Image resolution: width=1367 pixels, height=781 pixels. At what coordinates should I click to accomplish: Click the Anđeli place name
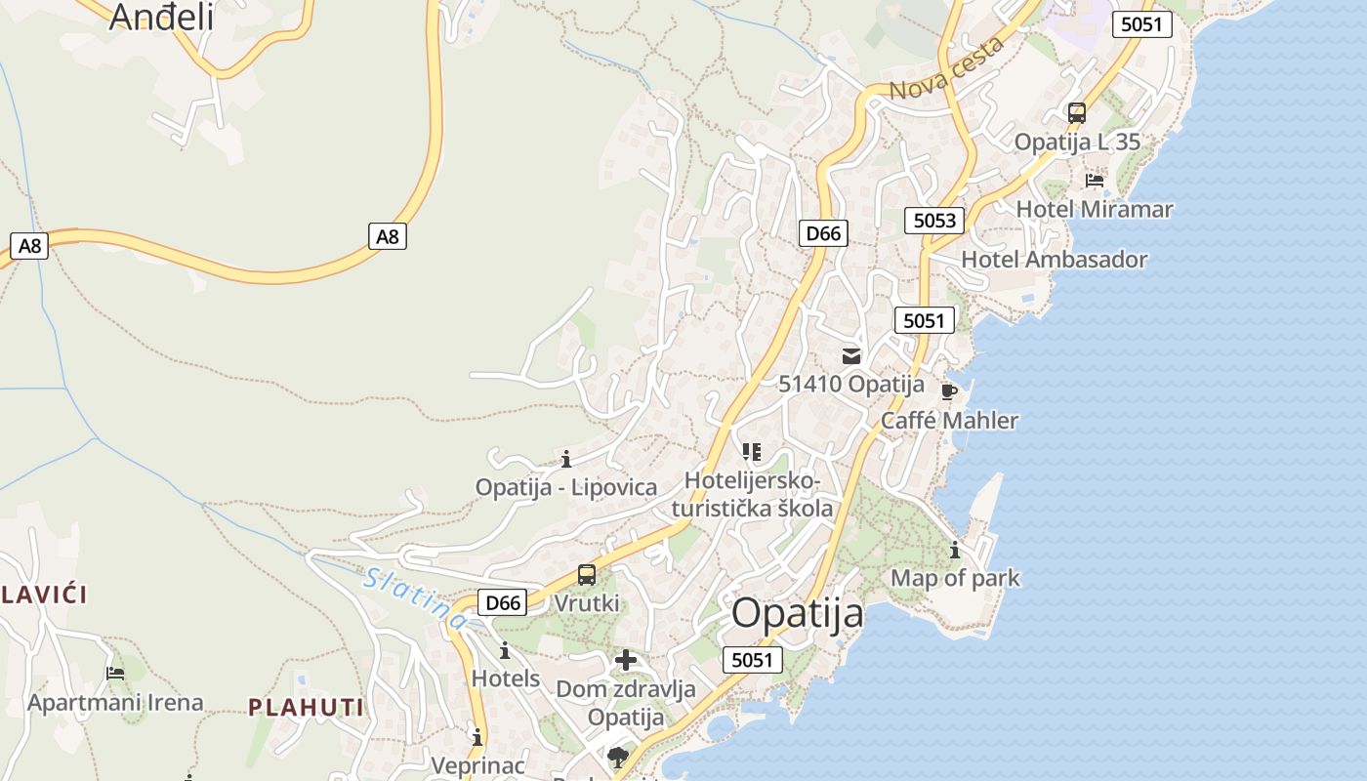click(x=161, y=17)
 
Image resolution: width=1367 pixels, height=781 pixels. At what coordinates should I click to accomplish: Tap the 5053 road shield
click(x=934, y=220)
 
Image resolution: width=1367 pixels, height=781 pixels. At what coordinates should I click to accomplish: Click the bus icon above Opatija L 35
click(x=1077, y=113)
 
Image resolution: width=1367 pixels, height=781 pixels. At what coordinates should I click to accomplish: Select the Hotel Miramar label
click(x=1095, y=209)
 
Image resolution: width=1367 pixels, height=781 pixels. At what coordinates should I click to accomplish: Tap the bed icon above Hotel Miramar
click(x=1095, y=181)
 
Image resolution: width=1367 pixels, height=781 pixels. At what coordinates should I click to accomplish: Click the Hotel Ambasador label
click(x=1055, y=260)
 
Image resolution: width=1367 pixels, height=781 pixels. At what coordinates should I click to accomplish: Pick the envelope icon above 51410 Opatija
click(x=851, y=356)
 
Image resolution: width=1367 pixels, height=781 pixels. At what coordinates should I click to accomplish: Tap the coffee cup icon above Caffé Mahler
click(x=948, y=392)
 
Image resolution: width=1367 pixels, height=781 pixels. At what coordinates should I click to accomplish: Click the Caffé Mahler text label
click(x=949, y=421)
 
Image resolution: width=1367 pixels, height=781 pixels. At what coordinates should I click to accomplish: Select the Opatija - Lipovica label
click(x=566, y=487)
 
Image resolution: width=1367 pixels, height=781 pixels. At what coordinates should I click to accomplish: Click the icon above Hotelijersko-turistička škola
click(x=751, y=452)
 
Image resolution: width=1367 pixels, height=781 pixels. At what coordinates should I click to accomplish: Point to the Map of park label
click(x=955, y=578)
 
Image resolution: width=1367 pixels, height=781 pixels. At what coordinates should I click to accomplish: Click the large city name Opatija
click(x=798, y=614)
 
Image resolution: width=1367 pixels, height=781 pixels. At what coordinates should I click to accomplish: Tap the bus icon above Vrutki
click(x=586, y=575)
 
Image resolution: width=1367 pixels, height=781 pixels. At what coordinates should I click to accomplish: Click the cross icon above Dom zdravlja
click(x=626, y=661)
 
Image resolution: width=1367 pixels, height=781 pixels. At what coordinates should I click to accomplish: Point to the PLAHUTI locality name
click(x=306, y=708)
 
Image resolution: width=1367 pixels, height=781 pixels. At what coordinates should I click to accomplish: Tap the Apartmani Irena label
click(x=115, y=703)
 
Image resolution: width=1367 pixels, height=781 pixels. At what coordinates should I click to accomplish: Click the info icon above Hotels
click(x=505, y=651)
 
